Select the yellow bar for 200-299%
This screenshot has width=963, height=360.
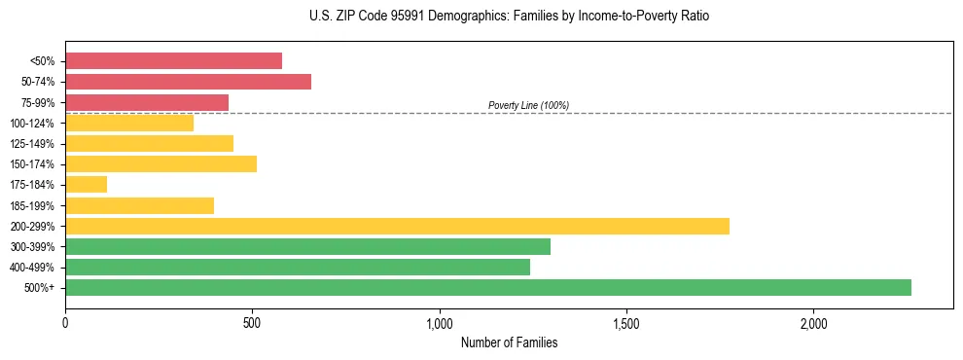[x=397, y=226]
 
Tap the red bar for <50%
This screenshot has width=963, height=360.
[x=173, y=61]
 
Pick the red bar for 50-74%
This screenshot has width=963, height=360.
[x=188, y=82]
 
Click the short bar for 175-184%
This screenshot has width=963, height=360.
[x=86, y=185]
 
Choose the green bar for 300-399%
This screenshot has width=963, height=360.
[x=307, y=246]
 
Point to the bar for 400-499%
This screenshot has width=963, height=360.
[x=298, y=267]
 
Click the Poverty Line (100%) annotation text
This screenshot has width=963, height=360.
[x=528, y=105]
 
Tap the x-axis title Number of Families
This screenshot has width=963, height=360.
[x=509, y=342]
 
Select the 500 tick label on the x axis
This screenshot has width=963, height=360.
[x=252, y=323]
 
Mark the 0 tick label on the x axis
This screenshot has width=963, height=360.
[x=65, y=323]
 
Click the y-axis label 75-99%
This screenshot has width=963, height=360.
[x=38, y=102]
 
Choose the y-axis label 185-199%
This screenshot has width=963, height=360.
[x=33, y=205]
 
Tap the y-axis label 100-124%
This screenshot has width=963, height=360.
[x=33, y=123]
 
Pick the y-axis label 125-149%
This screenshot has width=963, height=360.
[x=33, y=144]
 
